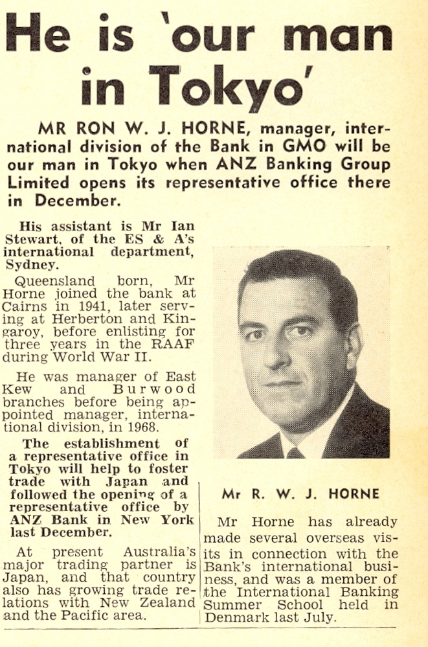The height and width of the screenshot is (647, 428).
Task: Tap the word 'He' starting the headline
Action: [38, 32]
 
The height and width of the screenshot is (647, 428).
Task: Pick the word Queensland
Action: [52, 282]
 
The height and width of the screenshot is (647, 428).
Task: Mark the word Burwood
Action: [159, 389]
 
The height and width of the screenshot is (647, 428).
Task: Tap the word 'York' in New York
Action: [179, 519]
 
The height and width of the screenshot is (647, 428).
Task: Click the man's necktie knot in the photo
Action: [295, 452]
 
